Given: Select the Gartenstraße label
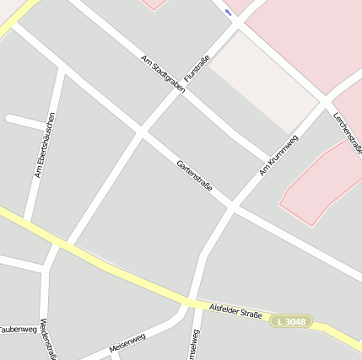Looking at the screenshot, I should click(x=195, y=175).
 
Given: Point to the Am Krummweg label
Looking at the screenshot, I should click(x=278, y=154).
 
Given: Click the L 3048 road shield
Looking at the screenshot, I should click(x=291, y=321).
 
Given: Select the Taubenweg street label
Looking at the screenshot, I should click(x=17, y=329).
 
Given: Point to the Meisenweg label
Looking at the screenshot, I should click(x=127, y=342).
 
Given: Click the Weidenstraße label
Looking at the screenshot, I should click(x=48, y=341).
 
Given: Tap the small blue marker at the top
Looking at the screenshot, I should click(x=228, y=12).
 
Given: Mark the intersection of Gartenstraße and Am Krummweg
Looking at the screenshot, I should click(x=232, y=205).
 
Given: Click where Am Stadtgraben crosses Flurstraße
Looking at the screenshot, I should click(x=180, y=89).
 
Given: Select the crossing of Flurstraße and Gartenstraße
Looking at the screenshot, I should click(x=142, y=132).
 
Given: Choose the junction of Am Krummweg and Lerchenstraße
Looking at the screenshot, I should click(x=322, y=103).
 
